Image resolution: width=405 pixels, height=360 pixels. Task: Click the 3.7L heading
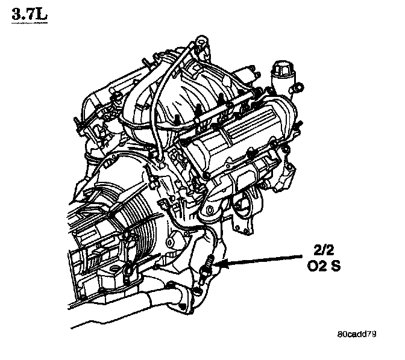tap(30, 14)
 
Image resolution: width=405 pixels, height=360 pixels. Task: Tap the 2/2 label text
tap(324, 250)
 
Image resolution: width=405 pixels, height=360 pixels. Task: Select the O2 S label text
tap(324, 265)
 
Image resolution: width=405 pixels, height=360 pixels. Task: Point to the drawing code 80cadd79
tap(357, 334)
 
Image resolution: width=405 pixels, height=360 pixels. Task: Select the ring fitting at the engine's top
tap(201, 42)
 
